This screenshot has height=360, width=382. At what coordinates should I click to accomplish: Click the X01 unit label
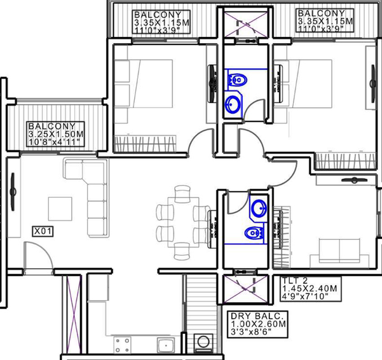coord(43,232)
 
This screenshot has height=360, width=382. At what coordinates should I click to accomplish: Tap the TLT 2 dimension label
coord(310,289)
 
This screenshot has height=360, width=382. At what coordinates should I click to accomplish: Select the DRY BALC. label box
coord(257,324)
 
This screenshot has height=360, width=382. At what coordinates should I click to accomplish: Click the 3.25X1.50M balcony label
coord(55,134)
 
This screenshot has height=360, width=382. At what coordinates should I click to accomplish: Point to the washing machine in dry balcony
coord(203,343)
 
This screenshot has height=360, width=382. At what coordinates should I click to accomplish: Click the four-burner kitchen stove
coord(122,344)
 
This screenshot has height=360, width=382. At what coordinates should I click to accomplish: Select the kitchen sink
coord(166,345)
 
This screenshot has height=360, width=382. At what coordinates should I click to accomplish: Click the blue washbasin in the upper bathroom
coord(233,104)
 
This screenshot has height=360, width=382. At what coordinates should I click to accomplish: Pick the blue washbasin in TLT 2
coord(259,208)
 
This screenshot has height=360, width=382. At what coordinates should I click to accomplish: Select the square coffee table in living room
coord(60,209)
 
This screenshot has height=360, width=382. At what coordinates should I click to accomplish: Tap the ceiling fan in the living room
coord(13,191)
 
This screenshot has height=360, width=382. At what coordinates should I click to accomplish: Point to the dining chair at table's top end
coord(182,194)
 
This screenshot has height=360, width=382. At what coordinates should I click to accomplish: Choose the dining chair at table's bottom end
coord(182,251)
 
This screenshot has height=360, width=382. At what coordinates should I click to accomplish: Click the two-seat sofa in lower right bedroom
coord(339,253)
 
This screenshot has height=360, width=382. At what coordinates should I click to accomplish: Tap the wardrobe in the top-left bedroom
coord(145,144)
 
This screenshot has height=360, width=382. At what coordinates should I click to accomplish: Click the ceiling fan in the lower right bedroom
coord(354,180)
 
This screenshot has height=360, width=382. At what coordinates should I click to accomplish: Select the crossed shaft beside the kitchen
coord(71,314)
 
